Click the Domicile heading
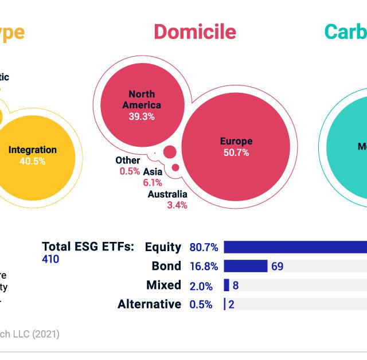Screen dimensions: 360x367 [194, 32]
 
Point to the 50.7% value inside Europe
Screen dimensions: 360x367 [236, 153]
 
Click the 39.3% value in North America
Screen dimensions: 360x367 [142, 116]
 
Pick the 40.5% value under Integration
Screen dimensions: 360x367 [33, 161]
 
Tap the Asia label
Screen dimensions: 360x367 [153, 171]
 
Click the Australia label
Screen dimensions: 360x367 [167, 194]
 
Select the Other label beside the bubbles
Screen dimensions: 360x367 [127, 161]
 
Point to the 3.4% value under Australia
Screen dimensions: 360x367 [177, 205]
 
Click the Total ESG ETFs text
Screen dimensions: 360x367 [88, 246]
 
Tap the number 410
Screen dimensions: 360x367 [50, 259]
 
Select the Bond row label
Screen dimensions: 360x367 [166, 266]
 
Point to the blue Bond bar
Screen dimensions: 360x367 [245, 266]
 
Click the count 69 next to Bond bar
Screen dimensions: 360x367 [278, 266]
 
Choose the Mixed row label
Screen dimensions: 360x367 [164, 285]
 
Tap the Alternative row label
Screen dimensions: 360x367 [149, 304]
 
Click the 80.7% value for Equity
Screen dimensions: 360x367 [204, 248]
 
